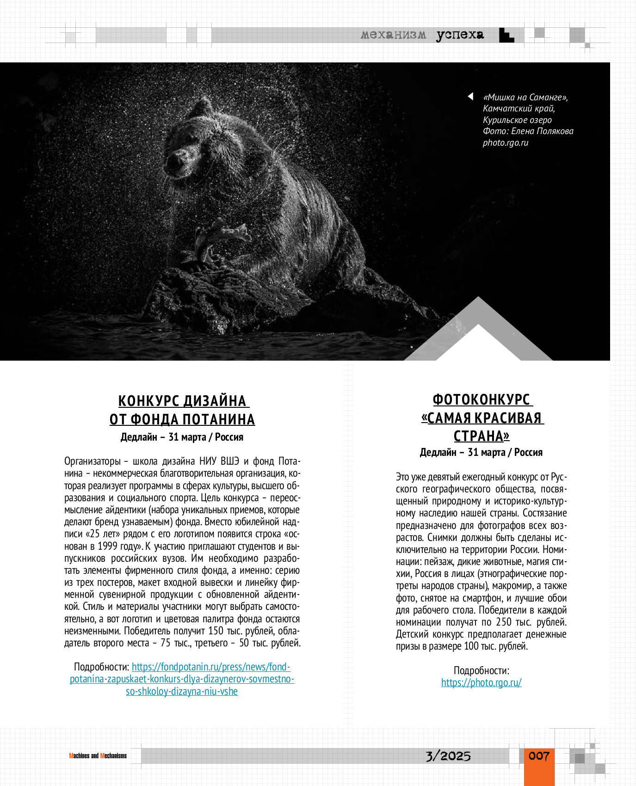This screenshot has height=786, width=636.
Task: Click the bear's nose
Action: coord(175,160)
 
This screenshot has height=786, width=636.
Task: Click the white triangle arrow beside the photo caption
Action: coord(470,97)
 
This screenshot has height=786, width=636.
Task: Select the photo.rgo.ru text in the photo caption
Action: coord(505,142)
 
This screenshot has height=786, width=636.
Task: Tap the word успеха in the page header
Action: coord(460,35)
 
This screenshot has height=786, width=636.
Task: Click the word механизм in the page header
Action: coord(393,35)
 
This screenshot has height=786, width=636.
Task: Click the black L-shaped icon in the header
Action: coord(506,36)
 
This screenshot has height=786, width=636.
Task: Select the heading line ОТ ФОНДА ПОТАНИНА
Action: coord(182,419)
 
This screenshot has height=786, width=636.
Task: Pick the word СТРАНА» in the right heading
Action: coord(481,436)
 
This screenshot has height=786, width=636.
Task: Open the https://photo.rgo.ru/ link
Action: coord(481,682)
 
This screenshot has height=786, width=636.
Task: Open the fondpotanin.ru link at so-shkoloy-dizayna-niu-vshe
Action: coord(182,692)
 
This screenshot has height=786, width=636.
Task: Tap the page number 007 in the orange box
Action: coord(539,756)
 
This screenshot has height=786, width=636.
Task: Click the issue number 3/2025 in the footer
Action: coord(448,756)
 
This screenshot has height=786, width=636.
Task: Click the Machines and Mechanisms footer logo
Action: coord(98,756)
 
